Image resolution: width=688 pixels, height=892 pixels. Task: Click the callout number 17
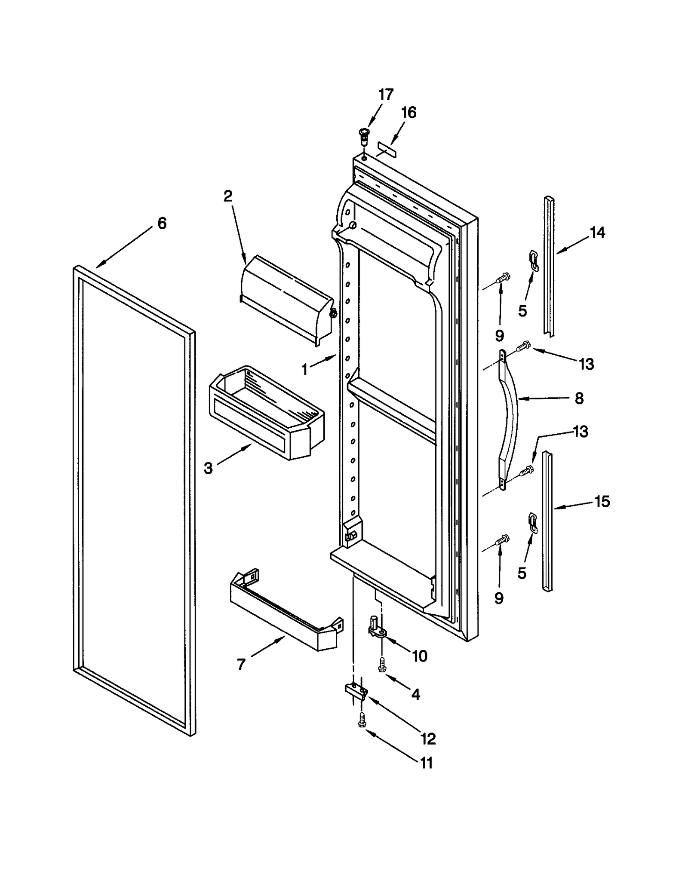tap(386, 95)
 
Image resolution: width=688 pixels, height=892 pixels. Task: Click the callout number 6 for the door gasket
tap(162, 223)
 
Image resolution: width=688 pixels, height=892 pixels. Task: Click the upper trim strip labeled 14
tap(549, 267)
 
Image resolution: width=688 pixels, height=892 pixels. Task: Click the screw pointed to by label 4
tap(381, 665)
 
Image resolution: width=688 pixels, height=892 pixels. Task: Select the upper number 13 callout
tap(586, 364)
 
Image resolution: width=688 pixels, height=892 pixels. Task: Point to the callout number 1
tap(304, 369)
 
